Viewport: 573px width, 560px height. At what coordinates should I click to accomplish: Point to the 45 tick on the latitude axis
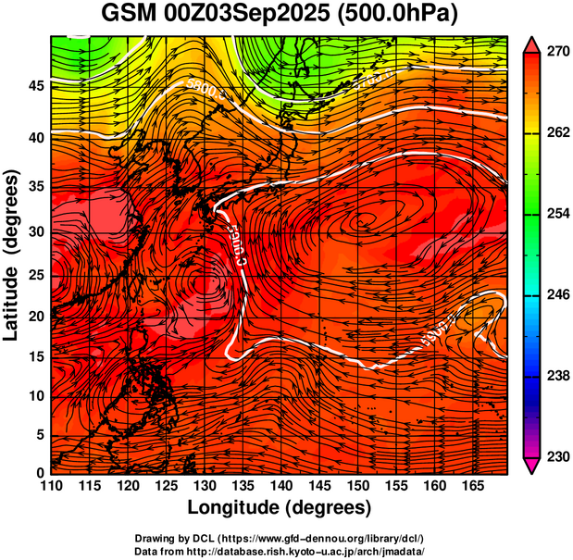point(34,86)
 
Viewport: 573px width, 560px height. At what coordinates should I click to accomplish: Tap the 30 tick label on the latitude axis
point(34,231)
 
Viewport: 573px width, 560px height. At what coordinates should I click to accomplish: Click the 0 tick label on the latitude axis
point(39,473)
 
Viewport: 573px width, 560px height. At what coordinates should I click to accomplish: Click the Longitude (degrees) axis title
point(280,507)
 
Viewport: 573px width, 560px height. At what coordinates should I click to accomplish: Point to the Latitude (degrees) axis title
point(12,255)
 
